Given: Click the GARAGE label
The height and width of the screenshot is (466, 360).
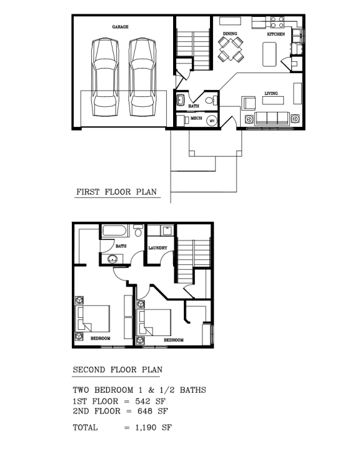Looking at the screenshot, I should [x=120, y=27].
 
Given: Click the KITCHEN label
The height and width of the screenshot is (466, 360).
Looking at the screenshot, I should [x=276, y=34].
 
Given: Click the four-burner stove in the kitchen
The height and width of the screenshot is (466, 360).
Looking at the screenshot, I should [x=277, y=22].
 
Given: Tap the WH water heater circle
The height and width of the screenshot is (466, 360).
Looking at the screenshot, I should [x=211, y=121].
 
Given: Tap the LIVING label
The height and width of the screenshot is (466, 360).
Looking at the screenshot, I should [x=271, y=93].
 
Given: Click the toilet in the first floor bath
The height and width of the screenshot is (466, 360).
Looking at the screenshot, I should [x=210, y=99].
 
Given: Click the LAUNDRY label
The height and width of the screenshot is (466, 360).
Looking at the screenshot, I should [x=157, y=248].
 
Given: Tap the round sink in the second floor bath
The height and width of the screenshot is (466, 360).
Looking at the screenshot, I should [x=113, y=260].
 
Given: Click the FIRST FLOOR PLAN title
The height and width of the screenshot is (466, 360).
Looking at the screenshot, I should [x=116, y=192].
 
